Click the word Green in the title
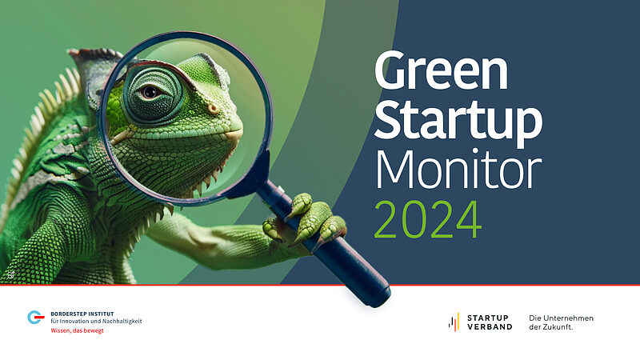442,70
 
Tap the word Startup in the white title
458,121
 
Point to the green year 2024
428,219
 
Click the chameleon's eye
150,92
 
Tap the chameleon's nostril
213,110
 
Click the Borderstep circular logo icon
35,317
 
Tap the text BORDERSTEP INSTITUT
82,314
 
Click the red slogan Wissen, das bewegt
77,330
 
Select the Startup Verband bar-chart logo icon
454,322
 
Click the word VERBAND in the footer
490,327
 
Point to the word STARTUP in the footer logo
488,318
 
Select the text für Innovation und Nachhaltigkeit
96,322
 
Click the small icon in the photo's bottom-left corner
10,274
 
